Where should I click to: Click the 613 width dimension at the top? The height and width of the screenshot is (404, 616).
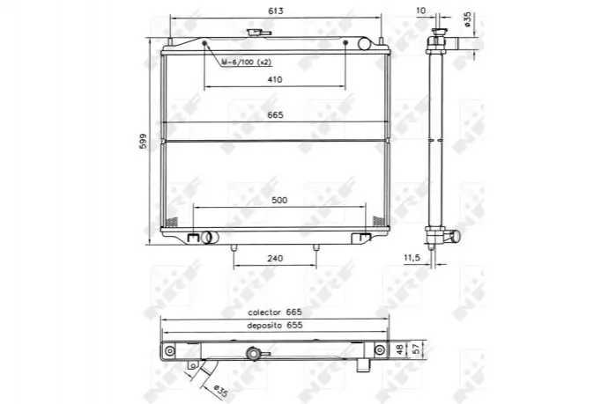275,11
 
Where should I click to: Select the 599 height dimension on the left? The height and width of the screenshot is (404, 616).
143,141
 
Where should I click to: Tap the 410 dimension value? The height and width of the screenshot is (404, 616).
275,79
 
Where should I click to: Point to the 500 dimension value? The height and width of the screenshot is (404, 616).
279,200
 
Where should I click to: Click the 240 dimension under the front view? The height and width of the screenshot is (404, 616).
275,258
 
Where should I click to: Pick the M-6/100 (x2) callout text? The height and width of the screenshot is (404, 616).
247,62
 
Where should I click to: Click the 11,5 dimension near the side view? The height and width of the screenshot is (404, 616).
412,258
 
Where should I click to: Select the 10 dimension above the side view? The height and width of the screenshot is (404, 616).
420,11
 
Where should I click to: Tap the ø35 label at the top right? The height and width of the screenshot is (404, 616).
467,18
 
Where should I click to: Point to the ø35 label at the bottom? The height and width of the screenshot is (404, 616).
221,390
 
